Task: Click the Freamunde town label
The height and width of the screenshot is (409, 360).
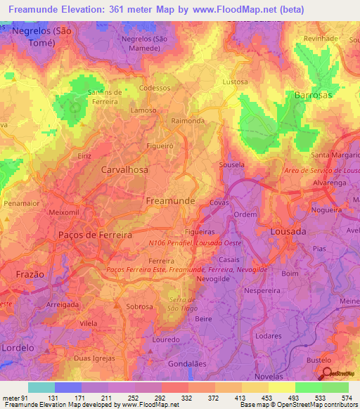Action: [x=169, y=201]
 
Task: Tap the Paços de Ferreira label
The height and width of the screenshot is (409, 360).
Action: [x=96, y=235]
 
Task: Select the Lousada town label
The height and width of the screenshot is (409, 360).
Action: [x=288, y=231]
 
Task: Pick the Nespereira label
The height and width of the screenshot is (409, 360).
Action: [x=261, y=290]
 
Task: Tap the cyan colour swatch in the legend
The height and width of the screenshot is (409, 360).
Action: [x=41, y=387]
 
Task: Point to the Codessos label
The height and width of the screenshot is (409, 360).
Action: [x=155, y=89]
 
